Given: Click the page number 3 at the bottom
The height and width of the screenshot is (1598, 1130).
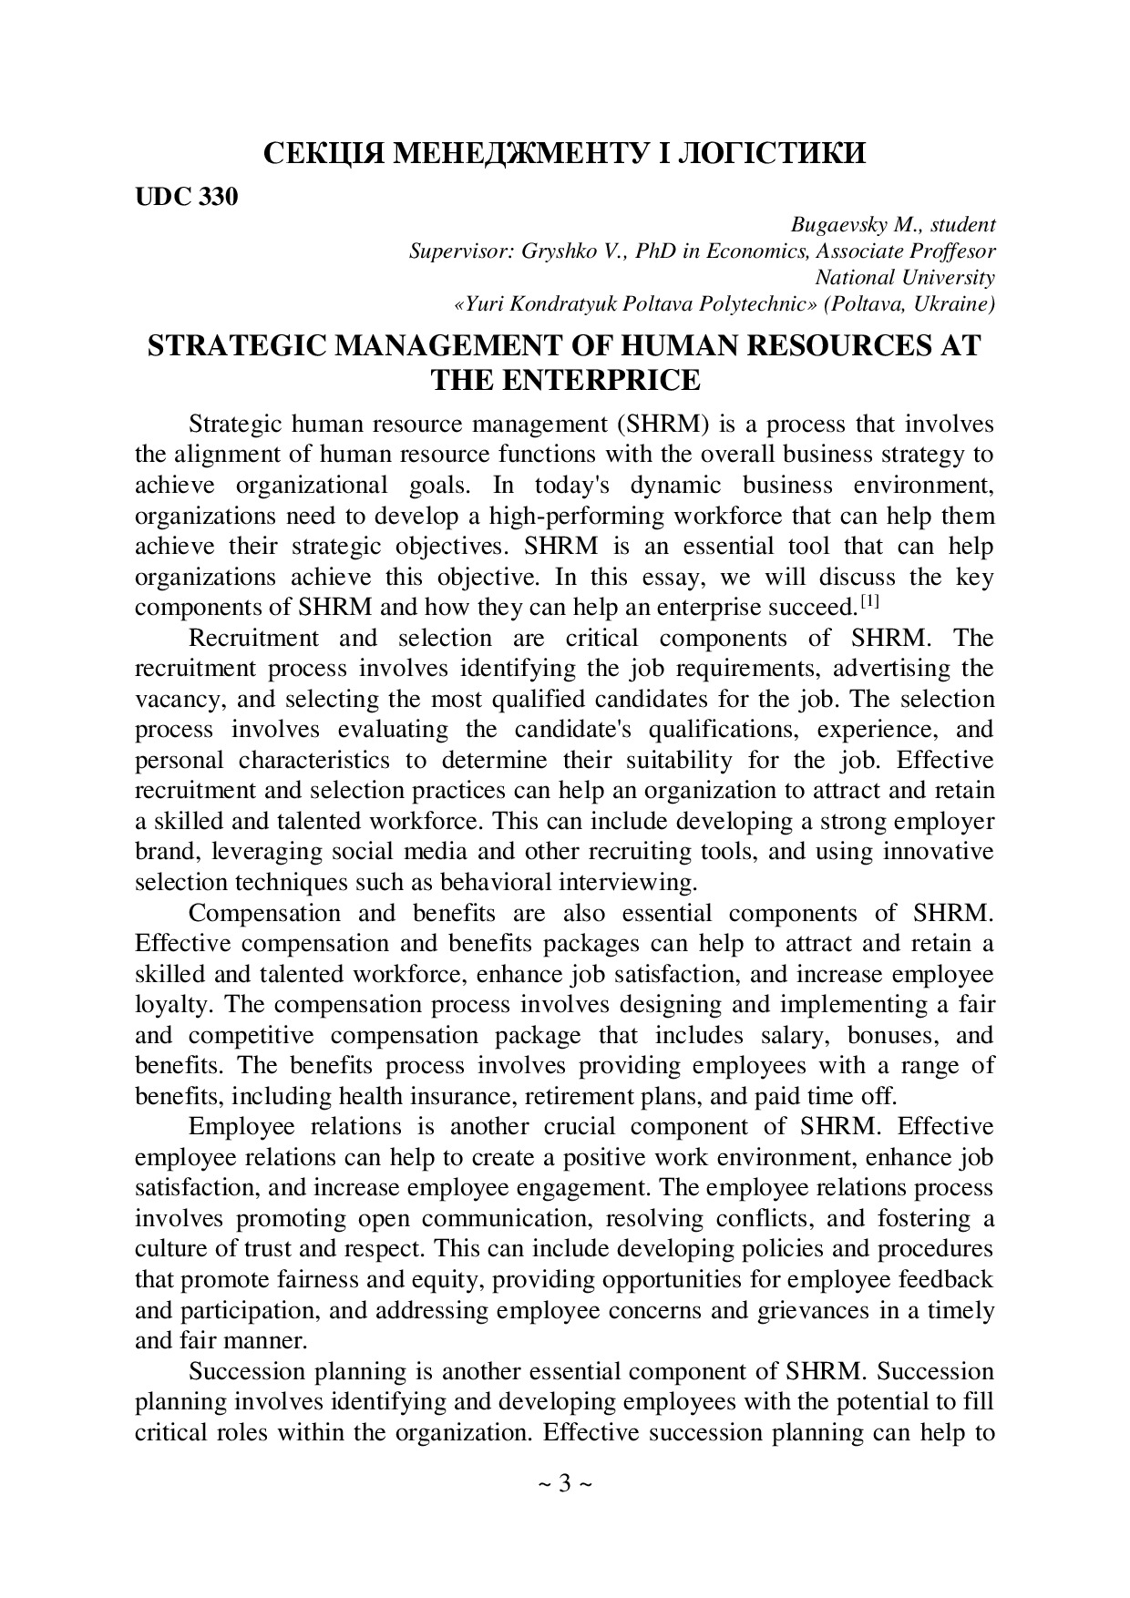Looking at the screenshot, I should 565,1484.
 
